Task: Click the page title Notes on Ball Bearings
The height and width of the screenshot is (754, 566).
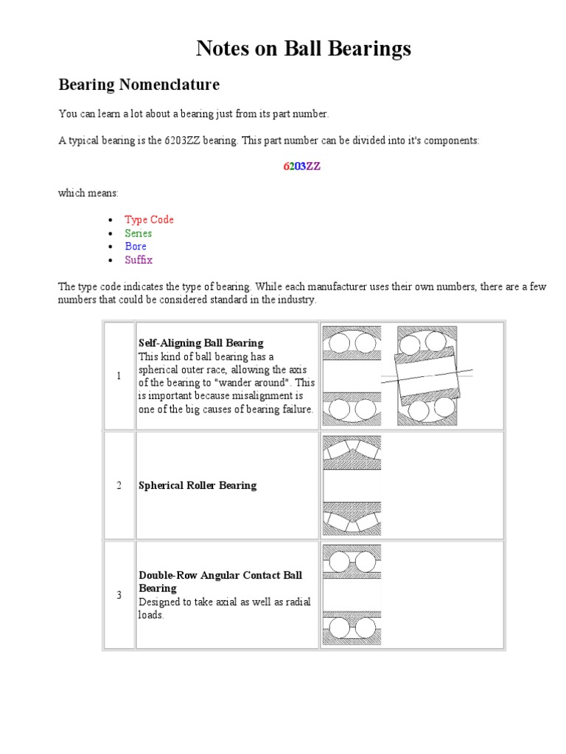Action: pos(303,49)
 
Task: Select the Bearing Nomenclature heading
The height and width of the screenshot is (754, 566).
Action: pos(139,85)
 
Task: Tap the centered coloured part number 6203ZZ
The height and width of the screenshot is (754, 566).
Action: pos(301,166)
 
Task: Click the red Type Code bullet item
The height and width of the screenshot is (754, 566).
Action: pos(149,219)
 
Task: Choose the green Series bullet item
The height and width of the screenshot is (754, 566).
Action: pos(138,233)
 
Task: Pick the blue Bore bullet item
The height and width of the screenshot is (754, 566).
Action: pos(136,246)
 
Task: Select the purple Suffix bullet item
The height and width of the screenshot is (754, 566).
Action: pos(139,260)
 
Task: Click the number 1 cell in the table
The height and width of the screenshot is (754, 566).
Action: pos(119,376)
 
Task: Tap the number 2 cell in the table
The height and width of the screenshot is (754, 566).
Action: pos(119,485)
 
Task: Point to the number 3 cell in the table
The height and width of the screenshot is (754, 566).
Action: pos(119,595)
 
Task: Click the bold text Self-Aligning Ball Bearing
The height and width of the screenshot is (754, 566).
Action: pos(201,343)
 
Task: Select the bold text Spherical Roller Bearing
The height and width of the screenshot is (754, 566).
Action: pos(198,486)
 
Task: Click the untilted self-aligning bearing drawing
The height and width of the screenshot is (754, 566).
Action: pos(352,376)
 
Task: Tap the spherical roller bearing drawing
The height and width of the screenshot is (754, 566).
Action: pos(352,485)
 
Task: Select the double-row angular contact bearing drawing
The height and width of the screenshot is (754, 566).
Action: pos(352,594)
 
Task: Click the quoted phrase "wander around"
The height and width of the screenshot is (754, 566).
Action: pos(247,383)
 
